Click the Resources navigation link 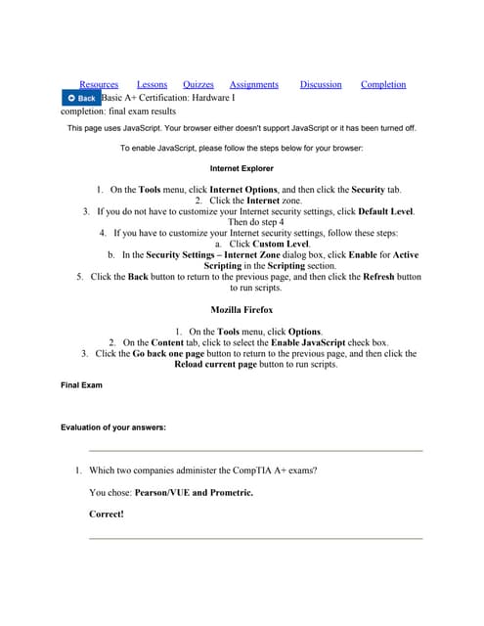tap(99, 85)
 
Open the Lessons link tap(152, 85)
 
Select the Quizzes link tap(198, 85)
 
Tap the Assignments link tap(254, 85)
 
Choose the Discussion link tap(321, 85)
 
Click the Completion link tap(383, 85)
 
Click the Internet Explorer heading tap(242, 168)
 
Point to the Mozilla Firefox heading tap(242, 310)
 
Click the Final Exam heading tap(81, 385)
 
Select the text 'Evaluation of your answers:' tap(113, 427)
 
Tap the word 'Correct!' tap(107, 513)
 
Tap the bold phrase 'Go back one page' tap(168, 354)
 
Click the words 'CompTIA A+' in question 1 tap(262, 470)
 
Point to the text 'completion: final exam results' tap(118, 112)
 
